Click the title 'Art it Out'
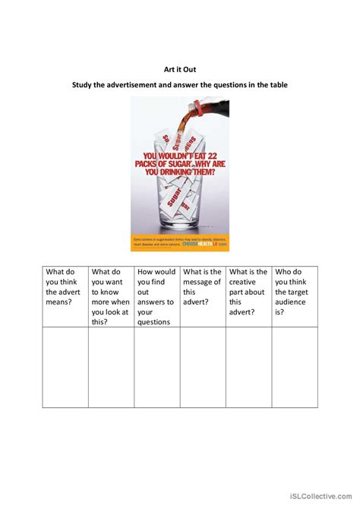[179, 68]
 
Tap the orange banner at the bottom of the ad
[179, 243]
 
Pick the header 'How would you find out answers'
[156, 296]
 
